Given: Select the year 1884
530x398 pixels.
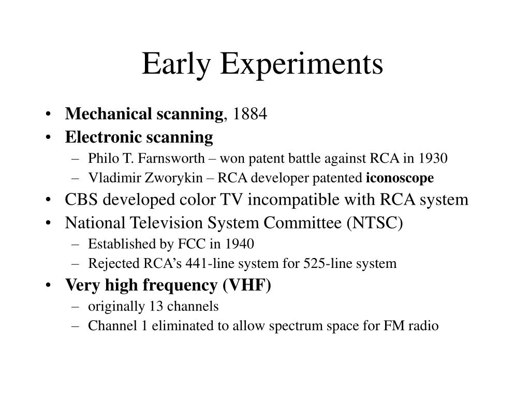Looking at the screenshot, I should tap(250, 114).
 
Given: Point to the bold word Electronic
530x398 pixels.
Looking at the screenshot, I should tap(103, 137).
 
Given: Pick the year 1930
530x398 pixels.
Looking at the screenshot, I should tap(433, 158).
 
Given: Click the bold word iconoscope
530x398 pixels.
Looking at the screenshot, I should tap(400, 178).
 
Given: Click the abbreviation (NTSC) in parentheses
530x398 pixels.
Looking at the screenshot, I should tap(376, 223).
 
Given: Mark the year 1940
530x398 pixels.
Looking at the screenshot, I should tap(239, 243).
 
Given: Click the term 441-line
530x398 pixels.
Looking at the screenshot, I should tap(200, 264).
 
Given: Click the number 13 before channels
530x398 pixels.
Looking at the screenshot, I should tap(155, 306).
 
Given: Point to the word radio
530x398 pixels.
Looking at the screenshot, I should tap(424, 326).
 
